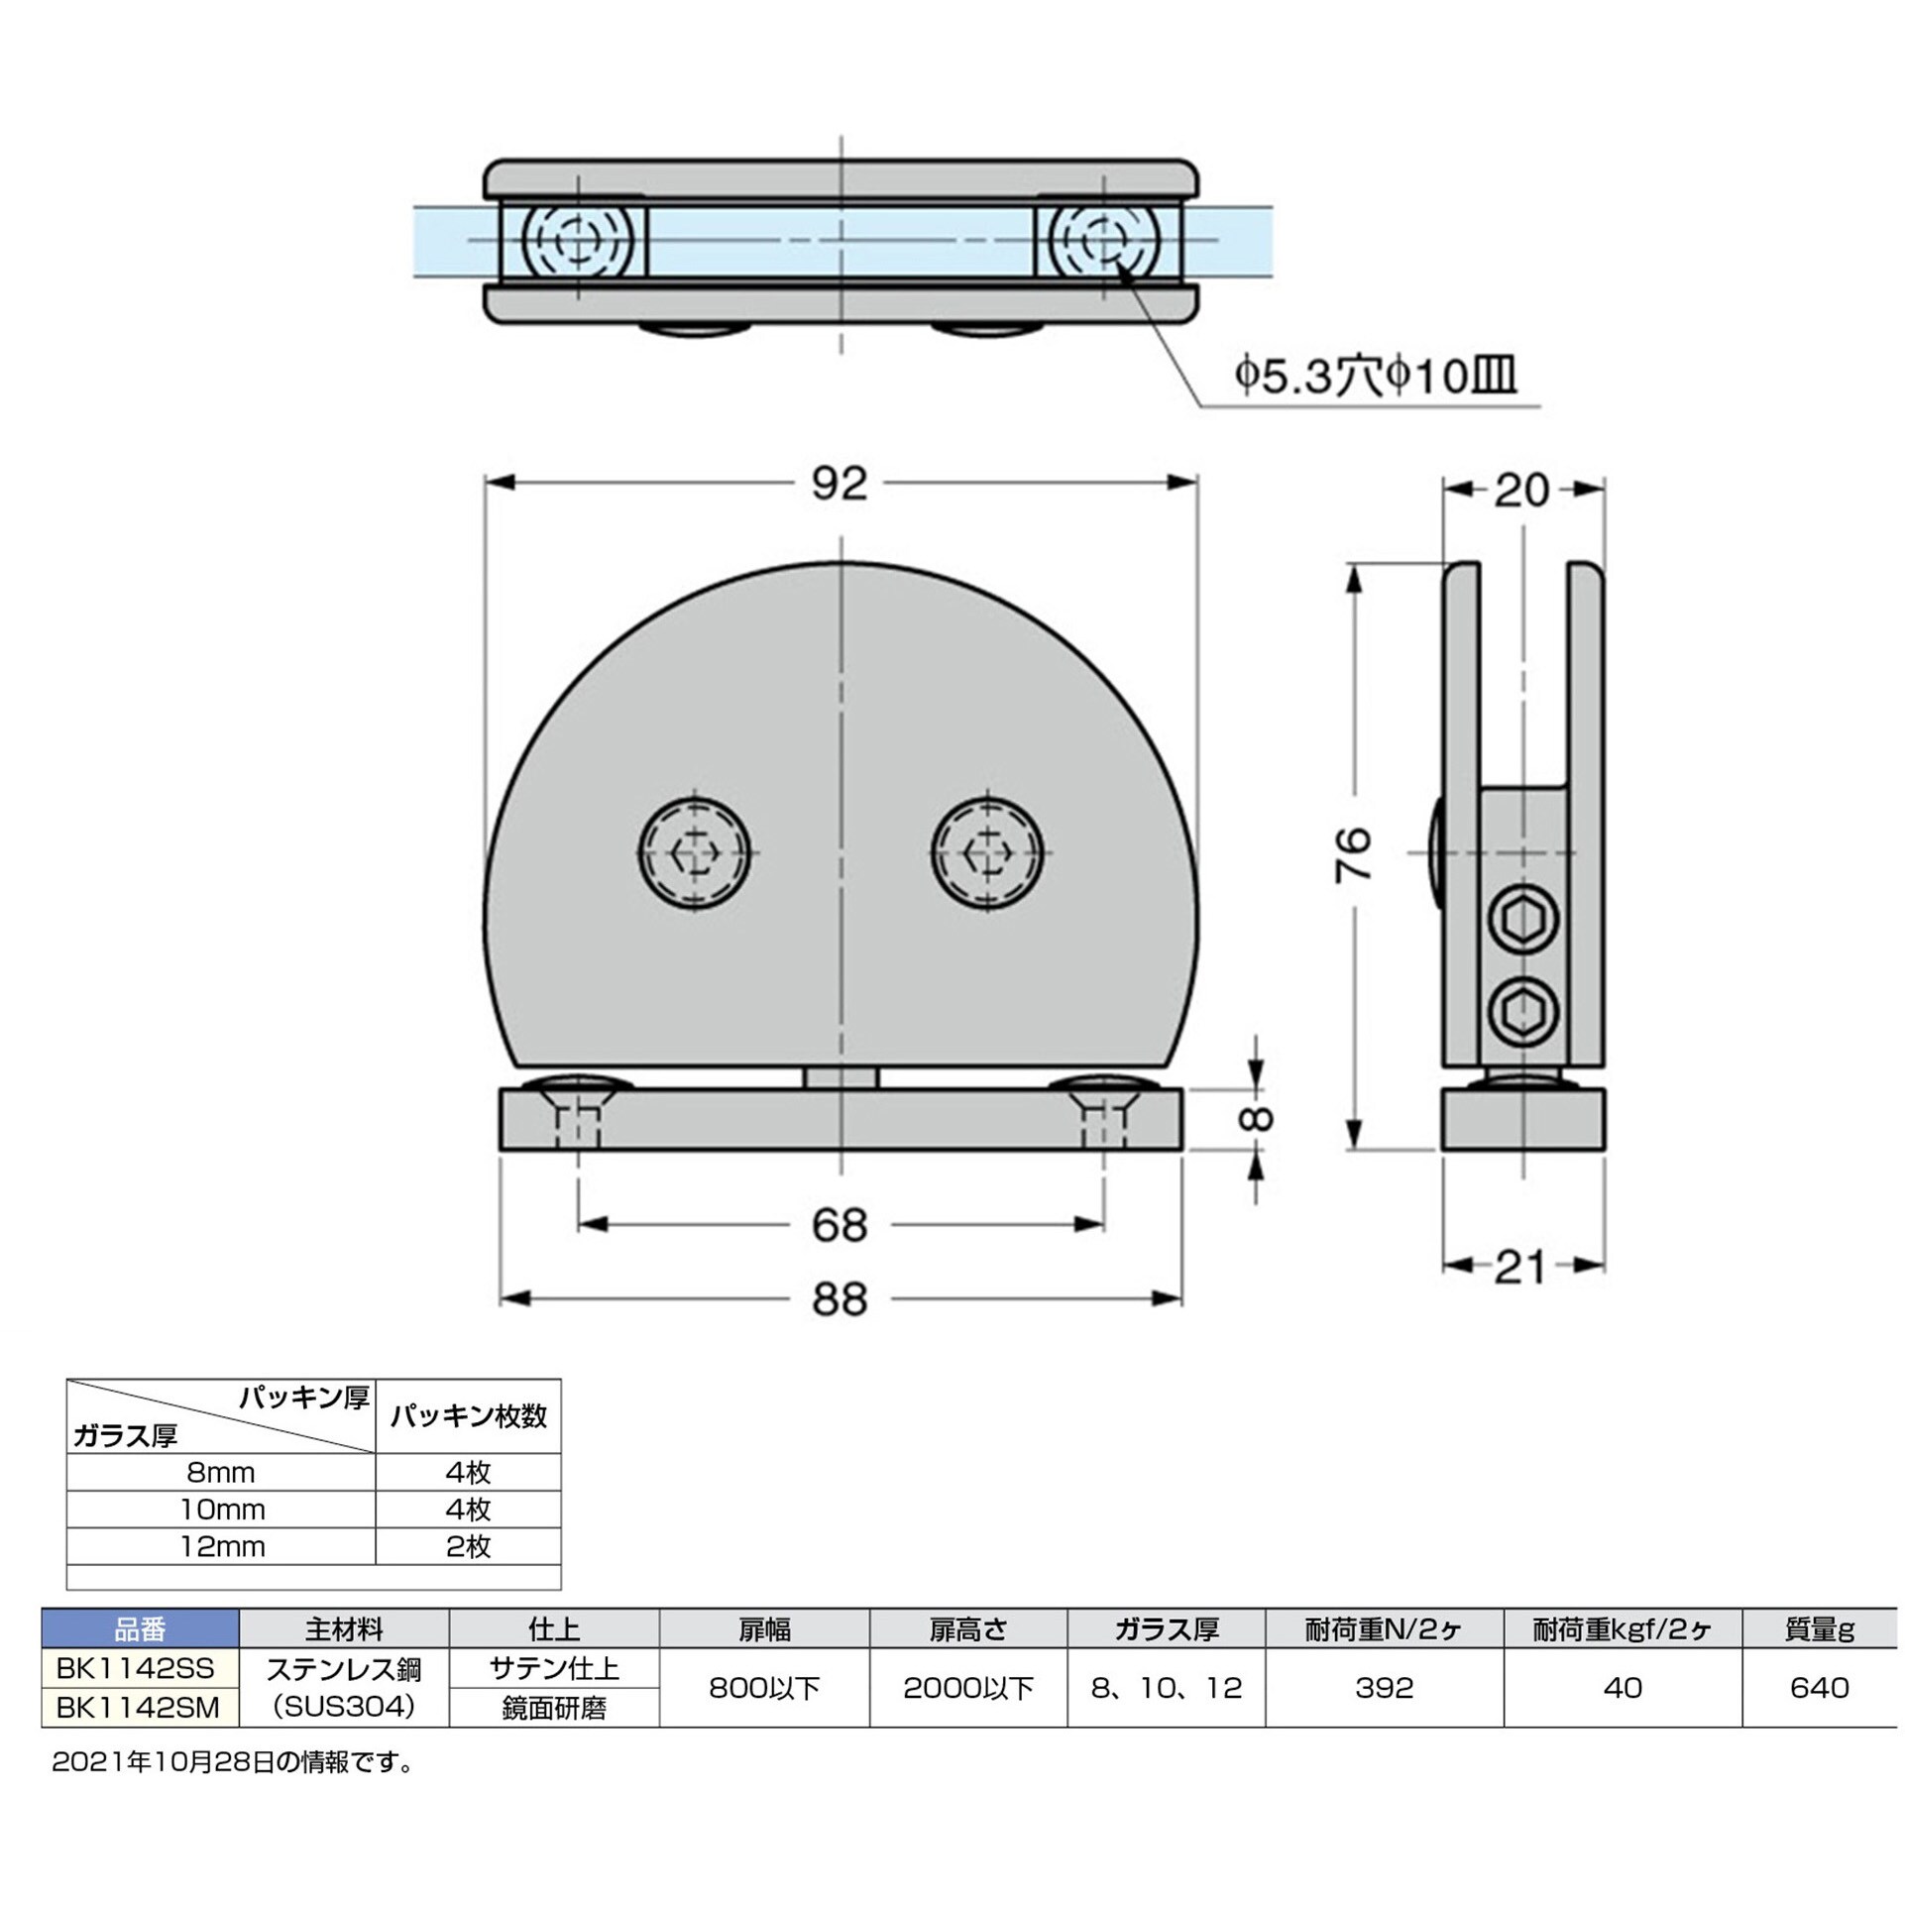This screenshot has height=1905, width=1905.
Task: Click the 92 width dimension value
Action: pos(840,484)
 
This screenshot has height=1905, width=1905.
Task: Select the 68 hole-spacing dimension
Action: pos(840,1225)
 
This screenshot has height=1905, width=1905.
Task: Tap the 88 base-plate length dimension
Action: pos(840,1298)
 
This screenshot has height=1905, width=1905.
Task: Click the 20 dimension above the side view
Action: pos(1521,490)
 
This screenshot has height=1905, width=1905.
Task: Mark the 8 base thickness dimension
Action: pos(1256,1118)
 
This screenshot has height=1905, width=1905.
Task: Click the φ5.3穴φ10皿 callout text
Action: pos(1376,376)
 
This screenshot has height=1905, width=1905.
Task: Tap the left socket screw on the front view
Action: pos(694,851)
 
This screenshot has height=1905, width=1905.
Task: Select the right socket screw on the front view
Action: pos(987,851)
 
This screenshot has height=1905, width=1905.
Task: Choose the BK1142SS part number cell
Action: pos(140,1668)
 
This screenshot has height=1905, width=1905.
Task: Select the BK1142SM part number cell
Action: pos(140,1707)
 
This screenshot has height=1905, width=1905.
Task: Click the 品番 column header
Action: pos(140,1628)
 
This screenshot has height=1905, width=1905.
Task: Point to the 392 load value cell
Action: pos(1384,1688)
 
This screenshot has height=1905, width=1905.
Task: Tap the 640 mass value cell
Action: pos(1819,1688)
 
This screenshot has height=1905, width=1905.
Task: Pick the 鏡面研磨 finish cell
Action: pos(554,1708)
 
